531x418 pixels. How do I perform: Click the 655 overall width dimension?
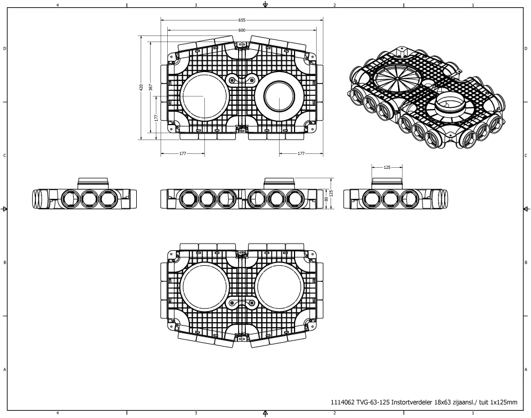(x=242, y=19)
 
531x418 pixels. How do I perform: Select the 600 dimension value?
(x=242, y=30)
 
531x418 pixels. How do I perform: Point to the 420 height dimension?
(x=142, y=87)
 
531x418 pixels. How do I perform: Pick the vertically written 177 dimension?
(x=157, y=117)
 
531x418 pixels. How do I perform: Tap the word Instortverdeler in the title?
(x=409, y=402)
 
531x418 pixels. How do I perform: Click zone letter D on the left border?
(x=5, y=49)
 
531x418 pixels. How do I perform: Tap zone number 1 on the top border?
(x=472, y=4)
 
